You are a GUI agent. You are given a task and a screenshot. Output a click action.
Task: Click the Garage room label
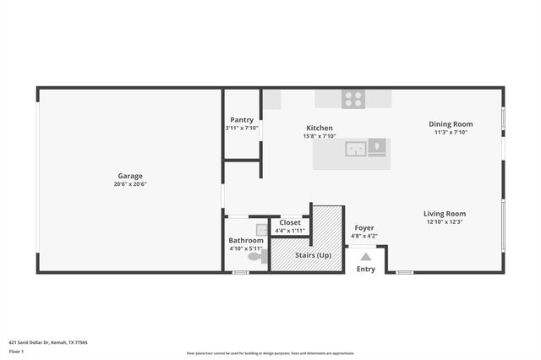pos(130,176)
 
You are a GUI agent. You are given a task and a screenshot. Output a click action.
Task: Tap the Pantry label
pos(242,120)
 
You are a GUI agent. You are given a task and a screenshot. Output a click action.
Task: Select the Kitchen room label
pos(320,128)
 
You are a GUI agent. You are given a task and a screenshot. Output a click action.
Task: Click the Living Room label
pos(445,214)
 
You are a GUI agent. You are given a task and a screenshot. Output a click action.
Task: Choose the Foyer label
pos(364,227)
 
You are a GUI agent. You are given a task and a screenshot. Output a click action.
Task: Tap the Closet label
pos(290,222)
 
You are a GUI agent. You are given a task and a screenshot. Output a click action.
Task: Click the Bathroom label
pos(246,240)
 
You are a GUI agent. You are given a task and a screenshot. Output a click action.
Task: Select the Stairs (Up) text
pos(313,254)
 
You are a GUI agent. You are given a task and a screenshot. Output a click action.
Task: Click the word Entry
pos(366,270)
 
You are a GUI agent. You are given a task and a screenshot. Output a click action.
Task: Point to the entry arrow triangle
pos(366,257)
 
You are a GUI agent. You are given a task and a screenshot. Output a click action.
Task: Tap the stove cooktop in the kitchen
pos(353,98)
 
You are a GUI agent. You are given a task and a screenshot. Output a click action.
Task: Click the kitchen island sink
pos(356,150)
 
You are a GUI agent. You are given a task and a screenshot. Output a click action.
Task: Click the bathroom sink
pos(263,228)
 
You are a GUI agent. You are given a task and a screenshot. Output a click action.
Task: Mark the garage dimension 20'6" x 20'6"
pos(130,184)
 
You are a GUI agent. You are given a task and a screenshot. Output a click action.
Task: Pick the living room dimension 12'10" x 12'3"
pos(445,222)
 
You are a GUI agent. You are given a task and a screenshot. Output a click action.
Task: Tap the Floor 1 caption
pos(16,351)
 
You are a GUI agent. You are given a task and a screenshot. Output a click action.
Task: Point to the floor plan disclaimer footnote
pos(270,353)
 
